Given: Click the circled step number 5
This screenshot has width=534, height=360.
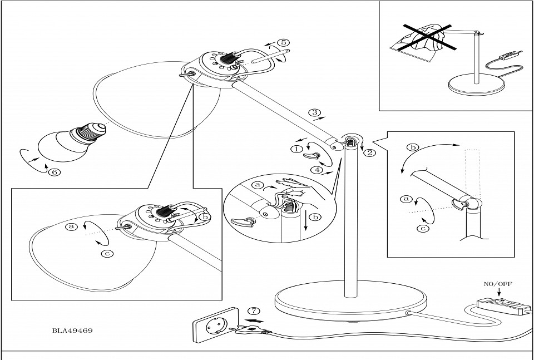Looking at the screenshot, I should [283, 42].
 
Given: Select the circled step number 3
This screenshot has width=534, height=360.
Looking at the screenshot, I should [315, 113].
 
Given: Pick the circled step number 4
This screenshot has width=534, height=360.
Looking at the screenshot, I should [315, 169].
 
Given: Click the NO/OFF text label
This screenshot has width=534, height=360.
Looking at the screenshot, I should [498, 284].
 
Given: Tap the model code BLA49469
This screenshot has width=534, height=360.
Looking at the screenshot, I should [72, 330].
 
